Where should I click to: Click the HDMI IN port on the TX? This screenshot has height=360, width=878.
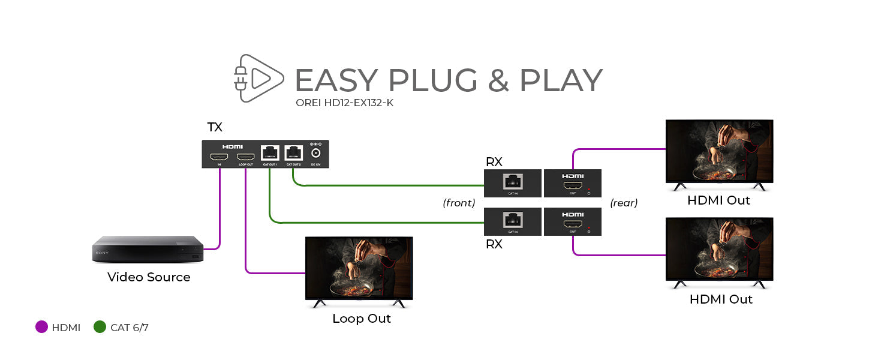tap(218, 157)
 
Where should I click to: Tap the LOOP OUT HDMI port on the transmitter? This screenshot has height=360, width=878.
tap(245, 157)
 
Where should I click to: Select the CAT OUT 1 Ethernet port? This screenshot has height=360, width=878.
tap(269, 154)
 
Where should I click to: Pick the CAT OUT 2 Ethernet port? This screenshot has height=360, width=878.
tap(293, 154)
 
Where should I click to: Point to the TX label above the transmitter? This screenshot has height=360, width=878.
tap(215, 127)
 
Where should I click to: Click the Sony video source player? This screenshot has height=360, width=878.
tap(148, 249)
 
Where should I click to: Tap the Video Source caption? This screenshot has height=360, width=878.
tap(149, 277)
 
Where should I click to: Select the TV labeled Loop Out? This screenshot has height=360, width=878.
tap(359, 268)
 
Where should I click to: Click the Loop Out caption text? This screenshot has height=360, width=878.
tap(362, 319)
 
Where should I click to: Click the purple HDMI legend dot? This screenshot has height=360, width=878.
tap(41, 327)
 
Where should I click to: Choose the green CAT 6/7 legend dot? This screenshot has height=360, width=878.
tap(100, 327)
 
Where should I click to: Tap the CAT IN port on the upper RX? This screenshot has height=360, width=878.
tap(512, 181)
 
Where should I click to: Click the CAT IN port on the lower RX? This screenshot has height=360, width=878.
tap(512, 220)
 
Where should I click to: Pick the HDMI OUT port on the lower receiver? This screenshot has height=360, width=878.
tap(572, 224)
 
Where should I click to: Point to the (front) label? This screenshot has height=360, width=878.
tap(459, 203)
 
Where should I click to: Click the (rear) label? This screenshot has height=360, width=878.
tap(624, 203)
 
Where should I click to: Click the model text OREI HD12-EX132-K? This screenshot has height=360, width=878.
tap(344, 103)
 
